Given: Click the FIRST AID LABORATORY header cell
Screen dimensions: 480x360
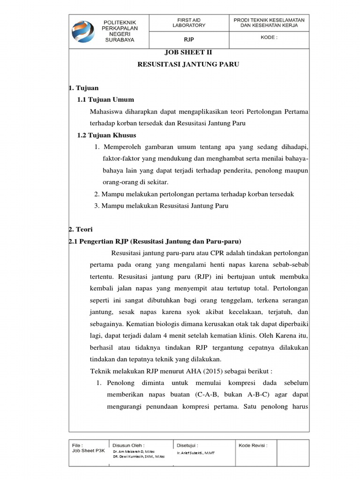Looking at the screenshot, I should click(x=188, y=22).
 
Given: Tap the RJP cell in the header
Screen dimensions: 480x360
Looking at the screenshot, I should click(x=188, y=40).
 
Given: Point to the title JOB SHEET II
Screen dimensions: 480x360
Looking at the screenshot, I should click(x=188, y=53).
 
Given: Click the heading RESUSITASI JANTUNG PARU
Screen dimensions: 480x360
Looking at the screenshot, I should click(x=188, y=65).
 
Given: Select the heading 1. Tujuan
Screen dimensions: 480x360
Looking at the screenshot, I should click(x=83, y=88).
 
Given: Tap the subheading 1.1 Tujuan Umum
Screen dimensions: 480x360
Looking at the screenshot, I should click(x=105, y=99).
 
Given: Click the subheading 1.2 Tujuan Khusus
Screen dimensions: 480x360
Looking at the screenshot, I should click(x=106, y=135).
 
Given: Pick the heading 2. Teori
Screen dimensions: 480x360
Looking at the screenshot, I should click(x=81, y=229).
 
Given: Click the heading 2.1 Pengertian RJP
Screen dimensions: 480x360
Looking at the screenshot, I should click(x=155, y=241).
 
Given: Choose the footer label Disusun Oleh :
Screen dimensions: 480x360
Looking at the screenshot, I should click(x=128, y=445).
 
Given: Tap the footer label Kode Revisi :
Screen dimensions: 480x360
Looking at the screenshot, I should click(x=253, y=445).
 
